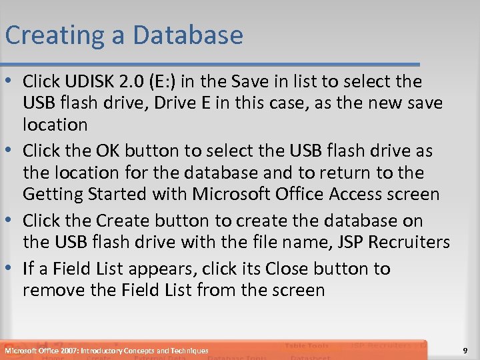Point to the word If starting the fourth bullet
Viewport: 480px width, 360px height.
(x=28, y=269)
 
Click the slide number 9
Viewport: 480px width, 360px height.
(x=465, y=350)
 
